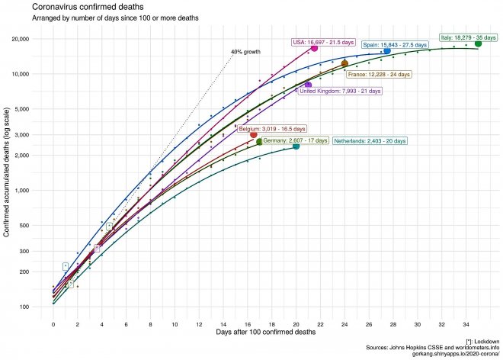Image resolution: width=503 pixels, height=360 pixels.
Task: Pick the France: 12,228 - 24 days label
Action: (379, 74)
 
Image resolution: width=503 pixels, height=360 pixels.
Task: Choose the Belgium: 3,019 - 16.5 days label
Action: (271, 129)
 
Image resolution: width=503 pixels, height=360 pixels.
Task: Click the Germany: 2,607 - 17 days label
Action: (295, 141)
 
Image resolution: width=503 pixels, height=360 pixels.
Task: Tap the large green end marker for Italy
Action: (478, 43)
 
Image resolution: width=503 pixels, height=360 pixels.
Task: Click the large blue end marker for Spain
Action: (387, 51)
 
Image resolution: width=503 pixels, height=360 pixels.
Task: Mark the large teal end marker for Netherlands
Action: (296, 146)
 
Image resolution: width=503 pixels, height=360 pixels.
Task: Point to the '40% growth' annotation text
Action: (245, 52)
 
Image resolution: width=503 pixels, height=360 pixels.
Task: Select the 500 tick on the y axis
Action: (33, 225)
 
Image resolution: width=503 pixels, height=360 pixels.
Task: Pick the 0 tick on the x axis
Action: (53, 324)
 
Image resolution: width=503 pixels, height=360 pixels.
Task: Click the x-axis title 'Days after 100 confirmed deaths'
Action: (266, 334)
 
